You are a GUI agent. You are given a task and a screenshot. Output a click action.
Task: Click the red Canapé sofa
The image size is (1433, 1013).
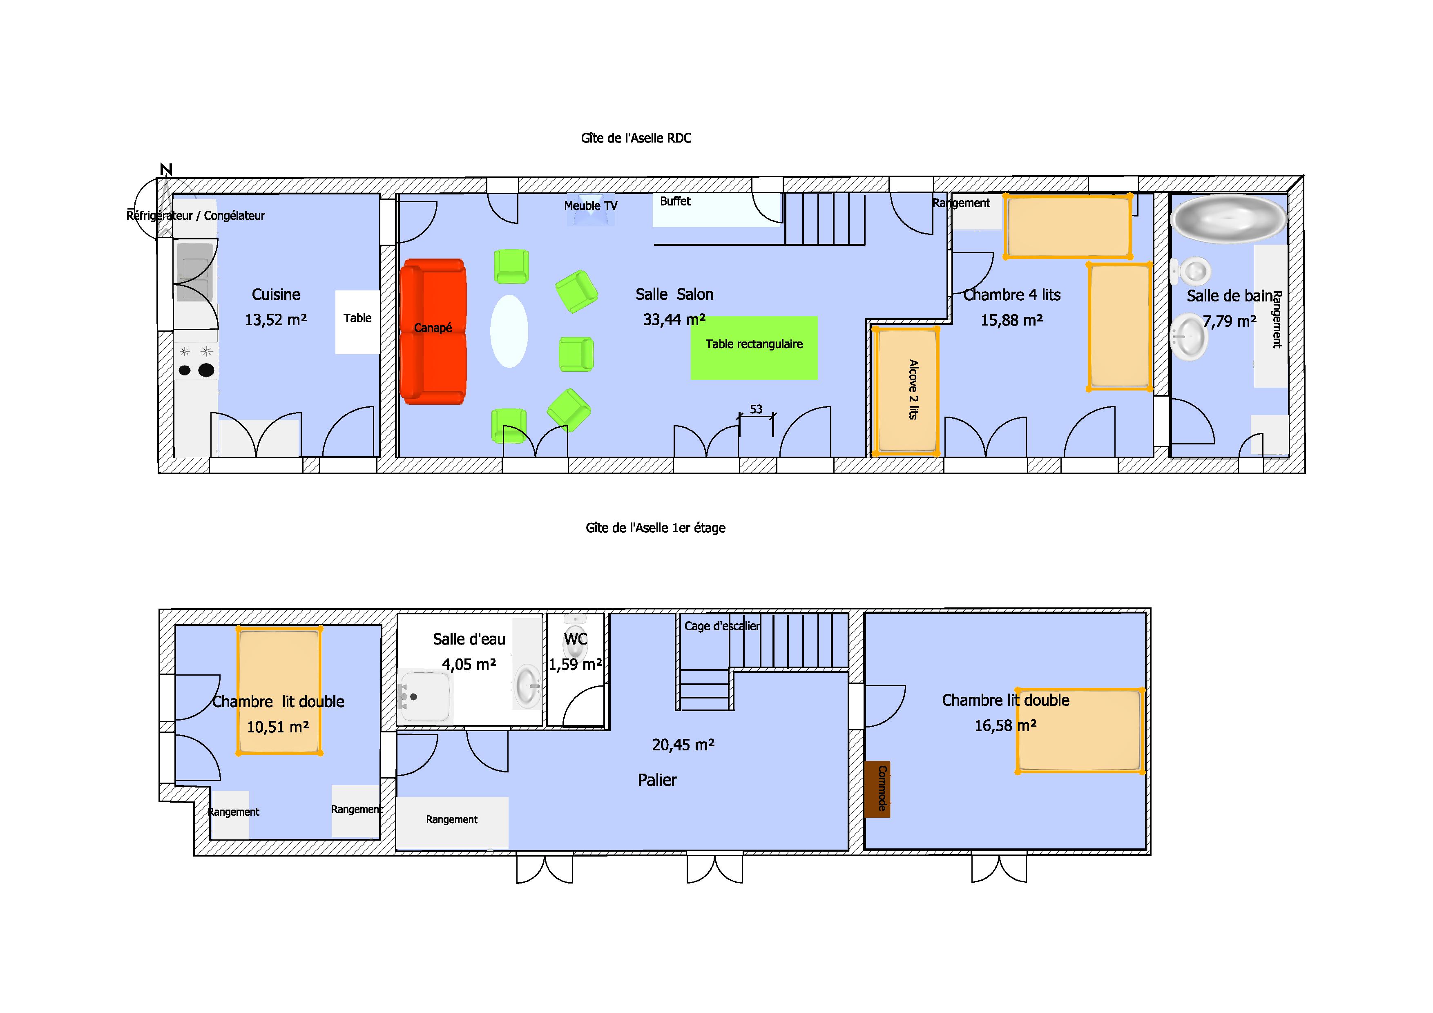tap(433, 331)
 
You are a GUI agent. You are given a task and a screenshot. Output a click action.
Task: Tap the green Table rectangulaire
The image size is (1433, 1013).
tap(754, 348)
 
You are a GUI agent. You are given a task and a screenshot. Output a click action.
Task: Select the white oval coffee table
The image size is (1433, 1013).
tap(509, 331)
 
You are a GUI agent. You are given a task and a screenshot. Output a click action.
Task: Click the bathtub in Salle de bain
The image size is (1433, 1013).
tap(1228, 219)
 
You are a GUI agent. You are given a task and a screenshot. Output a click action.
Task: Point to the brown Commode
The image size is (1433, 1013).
tap(877, 789)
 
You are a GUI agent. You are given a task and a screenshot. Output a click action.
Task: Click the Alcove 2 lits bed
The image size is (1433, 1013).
tap(906, 391)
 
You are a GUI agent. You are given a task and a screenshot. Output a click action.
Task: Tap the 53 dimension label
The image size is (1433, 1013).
tap(756, 409)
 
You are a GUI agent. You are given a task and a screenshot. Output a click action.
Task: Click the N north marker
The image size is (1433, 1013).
tap(166, 169)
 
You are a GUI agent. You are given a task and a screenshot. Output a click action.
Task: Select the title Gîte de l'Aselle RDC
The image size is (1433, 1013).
tap(636, 138)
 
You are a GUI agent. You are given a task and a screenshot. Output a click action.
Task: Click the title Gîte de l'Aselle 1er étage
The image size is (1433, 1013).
tap(655, 528)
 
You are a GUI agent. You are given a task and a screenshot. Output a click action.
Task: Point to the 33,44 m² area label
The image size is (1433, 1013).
tap(674, 319)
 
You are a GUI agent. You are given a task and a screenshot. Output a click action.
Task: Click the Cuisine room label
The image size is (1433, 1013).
tap(276, 295)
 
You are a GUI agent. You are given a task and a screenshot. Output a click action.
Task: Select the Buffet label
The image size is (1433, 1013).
tap(675, 201)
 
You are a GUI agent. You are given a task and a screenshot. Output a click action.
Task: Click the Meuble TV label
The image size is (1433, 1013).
tap(590, 205)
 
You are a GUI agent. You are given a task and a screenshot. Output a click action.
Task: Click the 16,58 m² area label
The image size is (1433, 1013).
tap(1005, 725)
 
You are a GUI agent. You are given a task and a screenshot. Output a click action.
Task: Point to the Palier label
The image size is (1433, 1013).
tap(657, 780)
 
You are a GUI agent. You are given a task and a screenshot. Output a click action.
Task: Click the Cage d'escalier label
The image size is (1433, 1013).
tap(722, 626)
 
